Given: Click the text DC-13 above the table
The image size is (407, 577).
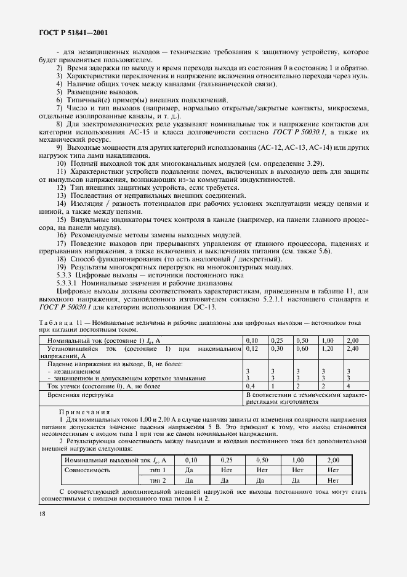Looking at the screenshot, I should [x=204, y=308].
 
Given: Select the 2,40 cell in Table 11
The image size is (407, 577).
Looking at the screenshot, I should [x=352, y=349].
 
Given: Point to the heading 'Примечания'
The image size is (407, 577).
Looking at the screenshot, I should [x=84, y=412].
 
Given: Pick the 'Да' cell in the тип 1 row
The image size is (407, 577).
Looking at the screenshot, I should [x=190, y=470].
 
